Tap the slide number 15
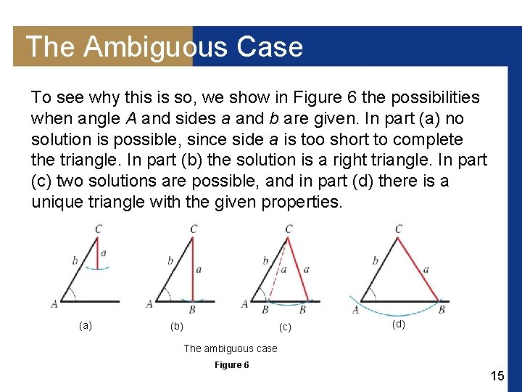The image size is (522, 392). pos(497,376)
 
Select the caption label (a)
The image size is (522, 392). pos(86,325)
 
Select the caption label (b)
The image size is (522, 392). pos(176,327)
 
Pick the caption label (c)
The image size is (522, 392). pos(286,327)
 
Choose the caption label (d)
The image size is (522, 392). pos(399,324)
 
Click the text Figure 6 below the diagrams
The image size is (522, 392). pos(231,364)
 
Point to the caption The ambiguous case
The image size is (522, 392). pos(231,348)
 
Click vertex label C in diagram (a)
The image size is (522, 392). pos(98,229)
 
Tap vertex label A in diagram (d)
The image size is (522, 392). pos(355,310)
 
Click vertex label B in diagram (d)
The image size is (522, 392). pos(442,309)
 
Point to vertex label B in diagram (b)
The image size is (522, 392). pos(192,310)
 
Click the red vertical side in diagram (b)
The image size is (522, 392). pos(193,269)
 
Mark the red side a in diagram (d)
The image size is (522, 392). pos(419,269)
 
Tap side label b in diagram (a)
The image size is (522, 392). pos(75,259)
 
